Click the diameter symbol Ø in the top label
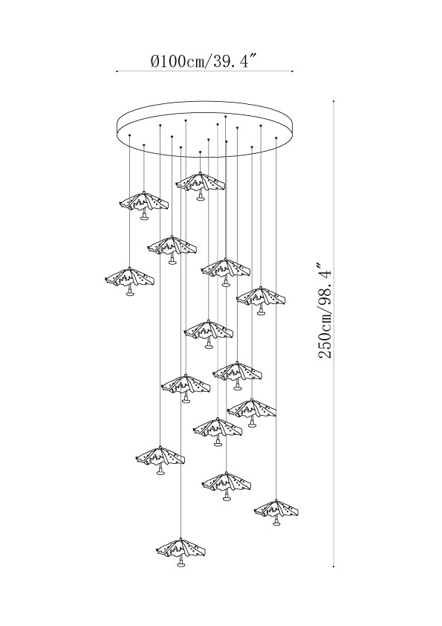(x=155, y=62)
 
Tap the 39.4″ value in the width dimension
(x=232, y=61)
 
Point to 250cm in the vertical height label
(x=325, y=335)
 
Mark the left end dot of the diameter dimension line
(x=117, y=71)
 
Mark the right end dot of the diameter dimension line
(x=293, y=71)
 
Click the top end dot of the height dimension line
(x=334, y=101)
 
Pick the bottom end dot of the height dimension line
(x=334, y=566)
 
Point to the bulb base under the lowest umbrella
(x=181, y=564)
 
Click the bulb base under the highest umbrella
(x=201, y=199)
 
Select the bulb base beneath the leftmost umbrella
(x=129, y=294)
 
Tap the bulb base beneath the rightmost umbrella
(x=276, y=523)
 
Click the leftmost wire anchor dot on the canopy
(x=130, y=135)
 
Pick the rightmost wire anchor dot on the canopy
(x=276, y=138)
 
